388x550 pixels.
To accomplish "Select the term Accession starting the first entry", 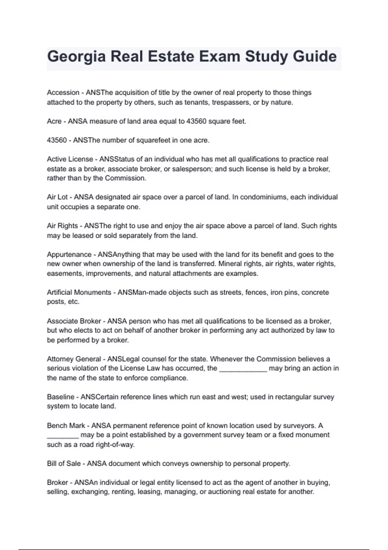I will (x=63, y=93).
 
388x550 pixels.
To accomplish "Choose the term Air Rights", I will (x=62, y=226).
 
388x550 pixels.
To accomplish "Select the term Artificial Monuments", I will (x=79, y=292).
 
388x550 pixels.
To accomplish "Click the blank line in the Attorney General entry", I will (x=243, y=369).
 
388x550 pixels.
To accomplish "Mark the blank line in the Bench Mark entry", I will (x=63, y=435).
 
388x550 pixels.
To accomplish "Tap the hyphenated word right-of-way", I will (x=115, y=445).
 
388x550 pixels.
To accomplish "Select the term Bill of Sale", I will (x=64, y=464).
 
